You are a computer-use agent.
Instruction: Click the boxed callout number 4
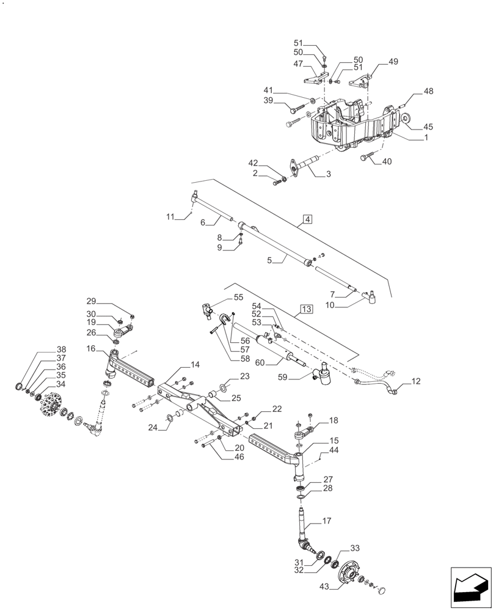pyautogui.click(x=307, y=219)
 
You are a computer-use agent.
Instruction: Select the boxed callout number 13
pyautogui.click(x=307, y=310)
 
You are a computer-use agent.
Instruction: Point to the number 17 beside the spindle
pyautogui.click(x=326, y=521)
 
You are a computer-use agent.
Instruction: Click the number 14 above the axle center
pyautogui.click(x=194, y=365)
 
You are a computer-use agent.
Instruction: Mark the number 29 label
pyautogui.click(x=91, y=301)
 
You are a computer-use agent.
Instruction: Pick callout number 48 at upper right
pyautogui.click(x=428, y=91)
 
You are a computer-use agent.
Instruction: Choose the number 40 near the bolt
pyautogui.click(x=386, y=162)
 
